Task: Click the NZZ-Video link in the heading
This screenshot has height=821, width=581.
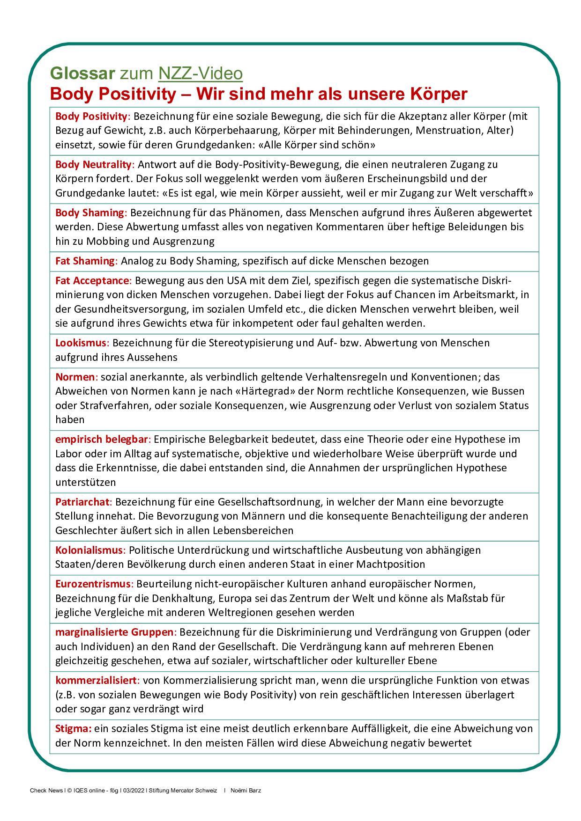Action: point(200,73)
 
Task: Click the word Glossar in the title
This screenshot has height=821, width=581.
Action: point(82,73)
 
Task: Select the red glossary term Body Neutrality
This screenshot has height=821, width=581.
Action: point(94,164)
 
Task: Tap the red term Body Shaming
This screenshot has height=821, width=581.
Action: point(90,213)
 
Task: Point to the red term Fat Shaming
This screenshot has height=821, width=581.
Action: point(85,261)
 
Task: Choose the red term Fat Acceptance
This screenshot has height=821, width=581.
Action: point(92,280)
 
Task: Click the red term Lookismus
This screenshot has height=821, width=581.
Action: point(81,343)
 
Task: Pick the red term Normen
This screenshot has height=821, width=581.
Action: point(75,377)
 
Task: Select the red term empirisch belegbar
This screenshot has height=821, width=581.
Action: point(102,439)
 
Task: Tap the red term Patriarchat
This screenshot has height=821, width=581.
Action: point(82,502)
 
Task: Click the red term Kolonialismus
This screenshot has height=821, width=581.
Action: point(89,550)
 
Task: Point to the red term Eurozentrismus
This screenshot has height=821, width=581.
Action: point(93,584)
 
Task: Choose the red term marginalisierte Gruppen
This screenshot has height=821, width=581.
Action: point(114,632)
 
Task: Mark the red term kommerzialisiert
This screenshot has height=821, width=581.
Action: point(96,680)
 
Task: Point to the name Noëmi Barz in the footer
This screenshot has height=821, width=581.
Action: point(246,791)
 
